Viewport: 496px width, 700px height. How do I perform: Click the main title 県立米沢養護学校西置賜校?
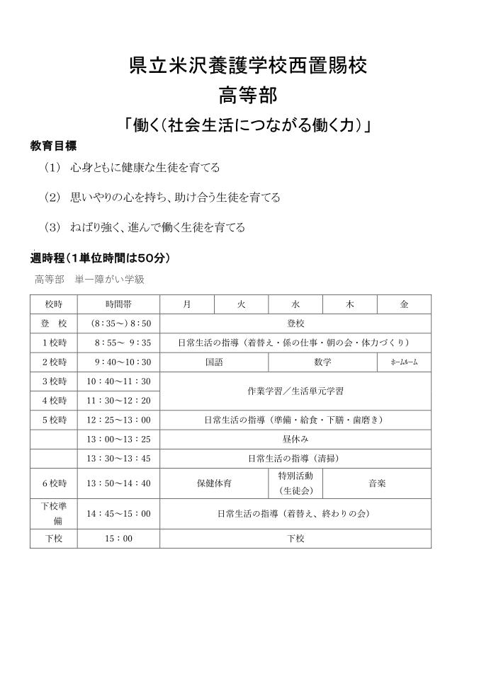pyautogui.click(x=248, y=66)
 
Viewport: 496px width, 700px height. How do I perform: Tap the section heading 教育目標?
pyautogui.click(x=53, y=145)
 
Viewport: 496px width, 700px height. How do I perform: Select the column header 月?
pyautogui.click(x=186, y=304)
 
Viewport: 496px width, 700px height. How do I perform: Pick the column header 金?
pyautogui.click(x=404, y=304)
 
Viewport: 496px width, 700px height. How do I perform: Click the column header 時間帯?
pyautogui.click(x=118, y=304)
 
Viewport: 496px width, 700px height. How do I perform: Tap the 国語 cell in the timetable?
pyautogui.click(x=214, y=362)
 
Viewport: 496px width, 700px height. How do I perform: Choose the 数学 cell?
pyautogui.click(x=322, y=362)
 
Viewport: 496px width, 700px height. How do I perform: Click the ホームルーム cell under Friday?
pyautogui.click(x=404, y=362)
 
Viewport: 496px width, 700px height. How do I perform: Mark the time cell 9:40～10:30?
pyautogui.click(x=118, y=362)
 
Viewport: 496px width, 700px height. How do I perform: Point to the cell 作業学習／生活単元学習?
pyautogui.click(x=295, y=391)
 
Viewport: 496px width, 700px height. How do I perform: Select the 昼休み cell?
pyautogui.click(x=295, y=439)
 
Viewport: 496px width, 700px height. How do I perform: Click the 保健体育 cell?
pyautogui.click(x=214, y=483)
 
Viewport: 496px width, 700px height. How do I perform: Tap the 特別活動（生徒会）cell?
pyautogui.click(x=295, y=483)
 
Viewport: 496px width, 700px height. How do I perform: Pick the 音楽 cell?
pyautogui.click(x=377, y=483)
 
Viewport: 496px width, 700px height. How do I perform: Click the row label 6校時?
pyautogui.click(x=53, y=483)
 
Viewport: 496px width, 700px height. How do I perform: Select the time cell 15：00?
pyautogui.click(x=118, y=538)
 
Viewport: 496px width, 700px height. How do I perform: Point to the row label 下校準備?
pyautogui.click(x=53, y=513)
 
